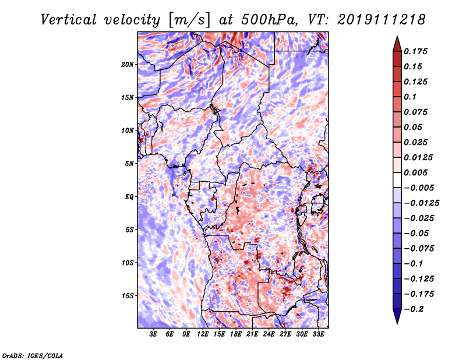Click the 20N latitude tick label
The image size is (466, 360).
point(127,65)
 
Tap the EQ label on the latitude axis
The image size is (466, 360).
point(129,197)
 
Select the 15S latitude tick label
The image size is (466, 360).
point(128,296)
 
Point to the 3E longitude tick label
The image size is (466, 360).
point(153,334)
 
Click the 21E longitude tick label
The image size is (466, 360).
point(252,334)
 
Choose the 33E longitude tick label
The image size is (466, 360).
point(318,334)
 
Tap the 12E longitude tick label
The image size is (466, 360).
point(202,334)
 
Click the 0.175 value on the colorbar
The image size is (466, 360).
point(415,51)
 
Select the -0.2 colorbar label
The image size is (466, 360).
point(414,309)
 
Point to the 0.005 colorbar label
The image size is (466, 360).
point(415,172)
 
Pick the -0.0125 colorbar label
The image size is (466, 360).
point(421,203)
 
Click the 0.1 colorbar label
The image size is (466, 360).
point(410,97)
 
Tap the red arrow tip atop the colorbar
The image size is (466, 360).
point(397,37)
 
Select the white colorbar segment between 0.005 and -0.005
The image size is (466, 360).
point(397,180)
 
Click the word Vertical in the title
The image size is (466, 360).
point(69,20)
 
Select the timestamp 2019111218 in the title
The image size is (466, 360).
point(382,20)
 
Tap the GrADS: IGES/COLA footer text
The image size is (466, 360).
point(32,355)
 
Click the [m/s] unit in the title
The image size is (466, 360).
point(189,20)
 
